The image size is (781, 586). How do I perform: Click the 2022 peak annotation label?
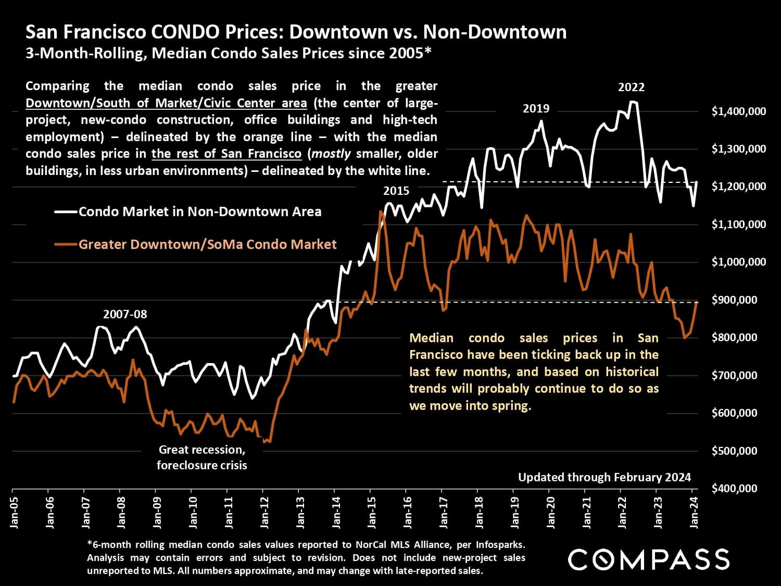coord(631,88)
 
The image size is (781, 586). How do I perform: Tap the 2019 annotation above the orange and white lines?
coord(536,109)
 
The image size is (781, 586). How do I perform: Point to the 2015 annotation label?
coord(396,191)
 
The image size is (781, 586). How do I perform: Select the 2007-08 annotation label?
coord(125,314)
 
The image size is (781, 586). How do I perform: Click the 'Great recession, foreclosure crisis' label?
coord(202,457)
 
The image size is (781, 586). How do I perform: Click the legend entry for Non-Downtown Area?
coord(200,211)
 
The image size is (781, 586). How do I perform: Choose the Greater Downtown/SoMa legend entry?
coord(207,244)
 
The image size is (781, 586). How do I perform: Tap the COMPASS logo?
coord(648,559)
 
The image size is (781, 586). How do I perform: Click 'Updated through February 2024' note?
coord(604,477)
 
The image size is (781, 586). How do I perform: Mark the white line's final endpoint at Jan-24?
coord(697,182)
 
